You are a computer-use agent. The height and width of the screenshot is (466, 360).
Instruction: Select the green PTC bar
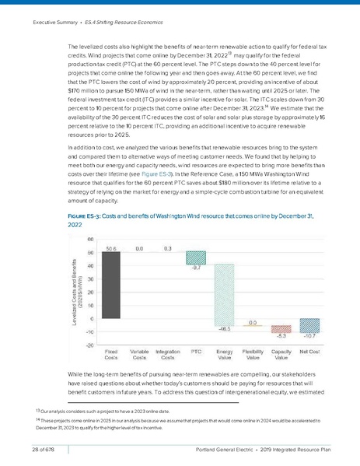pos(196,258)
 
